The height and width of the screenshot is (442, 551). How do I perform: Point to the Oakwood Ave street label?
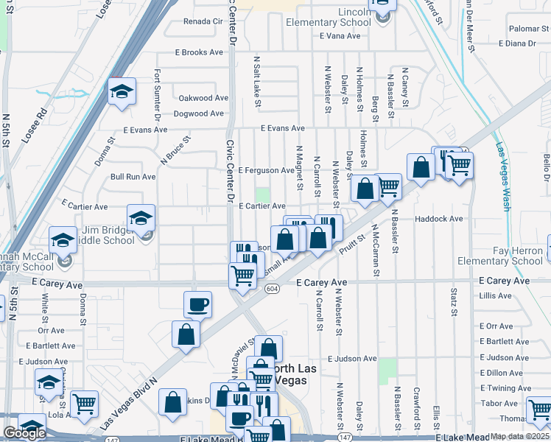(x=203, y=98)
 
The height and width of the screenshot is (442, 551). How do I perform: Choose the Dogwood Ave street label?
(x=198, y=113)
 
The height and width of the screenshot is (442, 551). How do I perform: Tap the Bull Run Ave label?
(x=133, y=177)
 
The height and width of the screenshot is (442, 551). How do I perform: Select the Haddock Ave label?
(x=438, y=219)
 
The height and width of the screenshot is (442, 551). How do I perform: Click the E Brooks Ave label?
(x=198, y=52)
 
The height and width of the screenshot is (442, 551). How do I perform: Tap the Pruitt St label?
(x=351, y=245)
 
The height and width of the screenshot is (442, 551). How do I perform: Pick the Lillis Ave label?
(x=495, y=295)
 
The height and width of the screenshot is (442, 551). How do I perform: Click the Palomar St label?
(x=524, y=28)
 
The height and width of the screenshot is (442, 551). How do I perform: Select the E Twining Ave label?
(x=505, y=388)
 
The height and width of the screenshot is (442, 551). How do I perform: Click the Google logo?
(x=24, y=433)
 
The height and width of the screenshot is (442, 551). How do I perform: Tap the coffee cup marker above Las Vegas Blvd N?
(x=198, y=303)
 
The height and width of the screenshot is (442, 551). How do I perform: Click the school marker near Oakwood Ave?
(x=122, y=91)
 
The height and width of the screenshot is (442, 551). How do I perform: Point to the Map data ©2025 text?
(x=519, y=436)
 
